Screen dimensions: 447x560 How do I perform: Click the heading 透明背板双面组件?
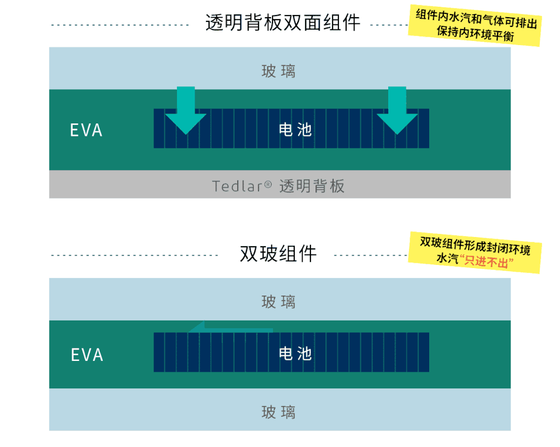(x=282, y=23)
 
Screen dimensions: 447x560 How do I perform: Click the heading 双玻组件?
(x=278, y=254)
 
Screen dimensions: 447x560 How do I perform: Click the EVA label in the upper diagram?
(x=86, y=130)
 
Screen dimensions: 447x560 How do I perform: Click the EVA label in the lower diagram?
(x=87, y=355)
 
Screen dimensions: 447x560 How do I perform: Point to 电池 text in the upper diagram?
(x=295, y=130)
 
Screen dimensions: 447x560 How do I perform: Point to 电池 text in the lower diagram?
(x=295, y=354)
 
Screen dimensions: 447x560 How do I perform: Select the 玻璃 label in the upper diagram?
(x=279, y=71)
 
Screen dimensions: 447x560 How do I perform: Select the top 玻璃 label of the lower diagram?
(x=279, y=302)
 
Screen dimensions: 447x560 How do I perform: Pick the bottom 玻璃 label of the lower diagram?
(x=279, y=412)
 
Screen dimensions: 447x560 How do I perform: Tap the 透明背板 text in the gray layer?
(x=312, y=186)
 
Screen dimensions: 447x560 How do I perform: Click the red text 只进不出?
(x=485, y=262)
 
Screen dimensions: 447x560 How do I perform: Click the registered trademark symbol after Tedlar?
(x=268, y=184)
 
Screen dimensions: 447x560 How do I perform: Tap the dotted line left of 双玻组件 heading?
(x=135, y=255)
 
